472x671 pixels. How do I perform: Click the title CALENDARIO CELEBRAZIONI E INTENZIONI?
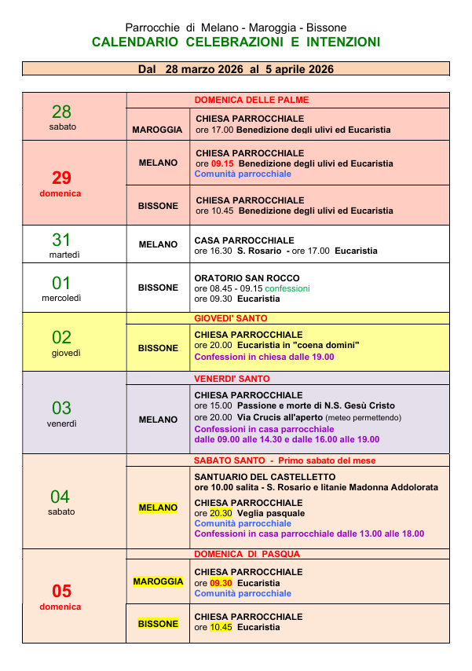point(236,42)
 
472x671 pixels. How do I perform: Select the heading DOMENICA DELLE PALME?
point(251,100)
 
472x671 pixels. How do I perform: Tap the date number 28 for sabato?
point(62,112)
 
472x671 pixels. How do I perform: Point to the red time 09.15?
point(222,163)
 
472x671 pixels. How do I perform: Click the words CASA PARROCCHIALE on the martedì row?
point(244,240)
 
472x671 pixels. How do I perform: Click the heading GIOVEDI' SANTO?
point(231,318)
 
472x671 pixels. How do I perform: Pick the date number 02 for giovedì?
point(62,338)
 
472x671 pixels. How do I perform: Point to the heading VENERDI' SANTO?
point(232,379)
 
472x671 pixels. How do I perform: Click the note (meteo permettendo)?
point(362,417)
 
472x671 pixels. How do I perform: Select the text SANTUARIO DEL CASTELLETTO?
point(265,477)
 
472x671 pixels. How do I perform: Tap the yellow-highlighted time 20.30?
point(222,513)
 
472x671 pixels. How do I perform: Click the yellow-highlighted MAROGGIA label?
point(158,582)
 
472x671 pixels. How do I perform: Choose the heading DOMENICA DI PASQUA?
point(248,554)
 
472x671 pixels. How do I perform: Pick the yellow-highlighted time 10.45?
point(222,627)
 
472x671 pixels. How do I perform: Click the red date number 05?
point(62,592)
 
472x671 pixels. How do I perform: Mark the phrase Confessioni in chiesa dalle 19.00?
point(264,357)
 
